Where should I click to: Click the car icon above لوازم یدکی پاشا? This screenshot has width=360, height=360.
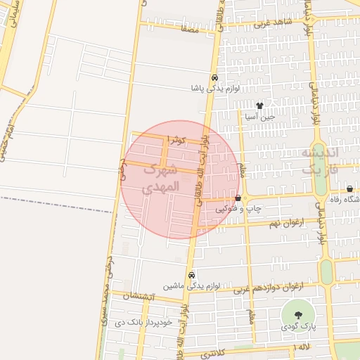click(214, 78)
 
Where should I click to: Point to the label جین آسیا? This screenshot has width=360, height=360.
click(259, 117)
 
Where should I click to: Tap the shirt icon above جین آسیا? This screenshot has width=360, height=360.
click(259, 106)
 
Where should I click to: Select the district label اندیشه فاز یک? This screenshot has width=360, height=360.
click(320, 162)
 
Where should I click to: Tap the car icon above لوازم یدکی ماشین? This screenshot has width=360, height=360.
click(191, 275)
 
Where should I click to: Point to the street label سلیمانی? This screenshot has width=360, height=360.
click(12, 15)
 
